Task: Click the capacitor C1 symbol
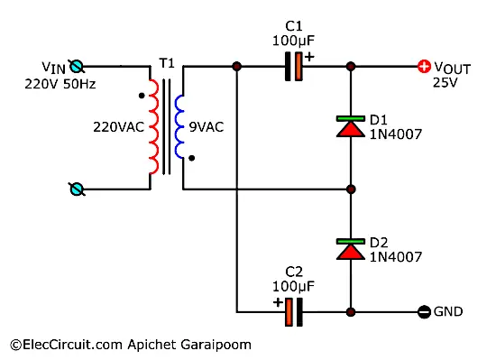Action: coord(293,67)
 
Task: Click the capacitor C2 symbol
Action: coord(293,312)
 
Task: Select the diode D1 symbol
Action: coord(350,126)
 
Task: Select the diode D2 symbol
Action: coord(350,249)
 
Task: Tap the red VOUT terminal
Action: coord(422,67)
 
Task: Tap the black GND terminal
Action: coord(422,312)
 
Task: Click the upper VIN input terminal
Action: coord(78,66)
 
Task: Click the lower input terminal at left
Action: coord(78,189)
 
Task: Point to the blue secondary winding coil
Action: coord(181,126)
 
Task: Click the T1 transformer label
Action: coord(167,64)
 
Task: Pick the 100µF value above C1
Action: coord(292,41)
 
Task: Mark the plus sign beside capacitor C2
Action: coord(279,301)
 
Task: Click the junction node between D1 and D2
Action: coord(350,189)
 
